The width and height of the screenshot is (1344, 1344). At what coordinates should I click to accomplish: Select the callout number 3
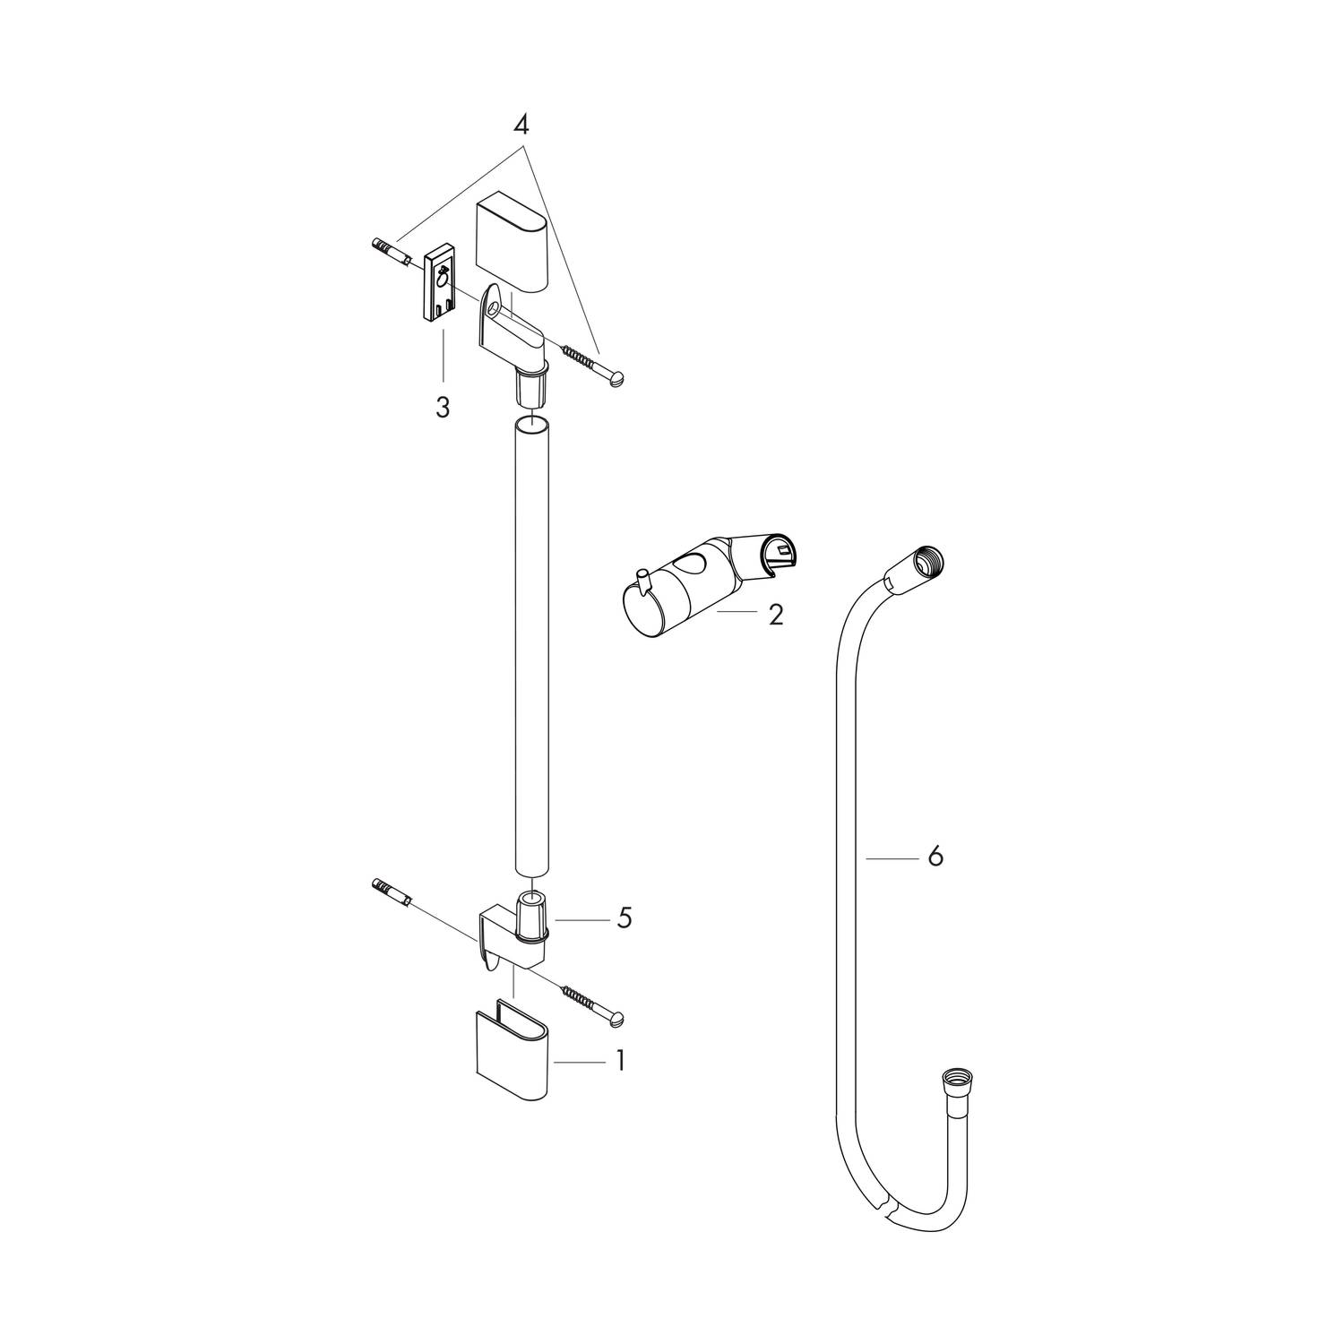coord(443,408)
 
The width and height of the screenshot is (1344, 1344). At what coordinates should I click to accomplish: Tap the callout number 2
coord(775,615)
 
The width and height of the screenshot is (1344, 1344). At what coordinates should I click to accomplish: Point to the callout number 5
coord(624,918)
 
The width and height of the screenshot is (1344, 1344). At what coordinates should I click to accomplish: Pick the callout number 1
coord(618,1062)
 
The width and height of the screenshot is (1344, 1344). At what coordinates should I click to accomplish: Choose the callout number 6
coord(935,857)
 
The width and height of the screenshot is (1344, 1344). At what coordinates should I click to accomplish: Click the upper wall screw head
coord(617,380)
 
